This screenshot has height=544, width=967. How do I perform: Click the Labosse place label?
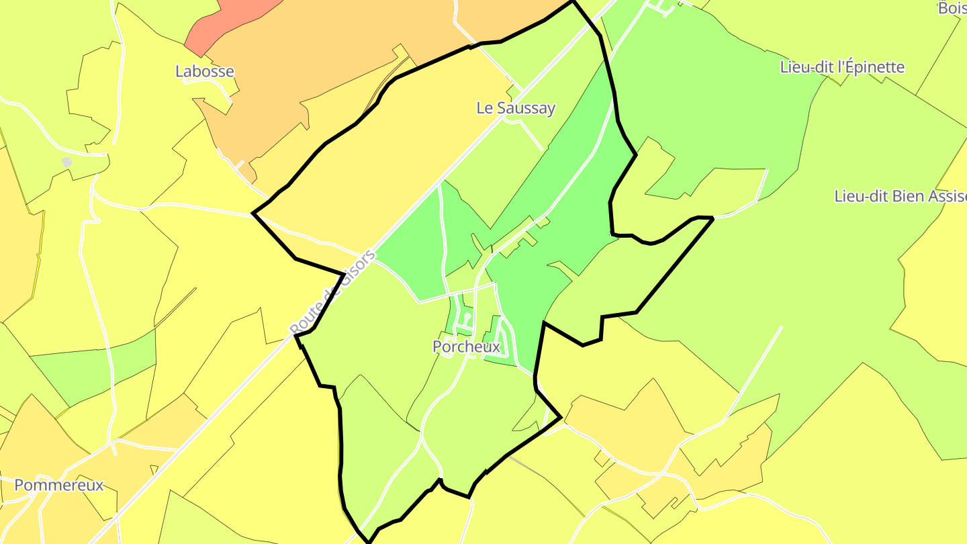pos(205,71)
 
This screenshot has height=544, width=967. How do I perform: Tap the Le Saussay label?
pos(516,107)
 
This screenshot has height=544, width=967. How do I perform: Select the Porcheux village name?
pos(467,347)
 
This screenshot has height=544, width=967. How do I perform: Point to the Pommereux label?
pos(59,485)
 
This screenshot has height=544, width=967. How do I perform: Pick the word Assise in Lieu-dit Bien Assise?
pos(946,196)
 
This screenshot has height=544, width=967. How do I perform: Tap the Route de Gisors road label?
pos(333,293)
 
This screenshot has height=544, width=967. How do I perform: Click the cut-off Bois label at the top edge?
pos(952,8)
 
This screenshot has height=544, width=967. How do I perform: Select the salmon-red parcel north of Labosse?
pos(228,24)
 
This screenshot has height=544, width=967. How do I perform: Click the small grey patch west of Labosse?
pos(67,163)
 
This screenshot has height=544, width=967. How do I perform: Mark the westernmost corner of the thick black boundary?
pos(252,214)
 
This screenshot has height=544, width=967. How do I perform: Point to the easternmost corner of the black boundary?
pos(712,218)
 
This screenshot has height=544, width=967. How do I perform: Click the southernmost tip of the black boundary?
pos(369,541)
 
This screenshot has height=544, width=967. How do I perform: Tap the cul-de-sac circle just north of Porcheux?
pos(467,315)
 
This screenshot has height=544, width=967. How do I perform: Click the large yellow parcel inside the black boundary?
pos(376,161)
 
